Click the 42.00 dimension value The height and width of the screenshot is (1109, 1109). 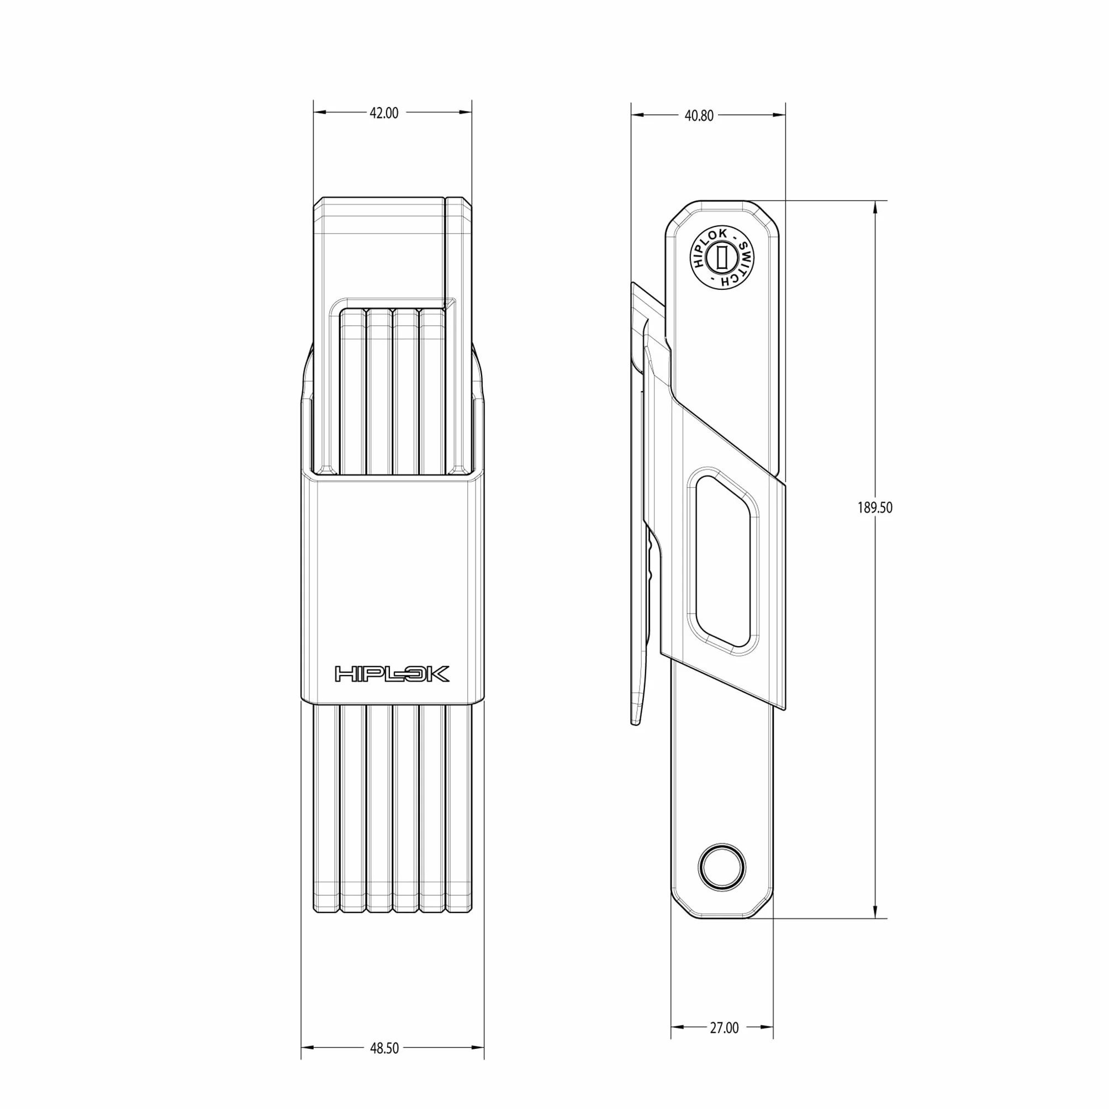[383, 113]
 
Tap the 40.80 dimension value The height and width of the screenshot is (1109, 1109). [699, 115]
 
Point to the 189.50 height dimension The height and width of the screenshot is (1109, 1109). [875, 508]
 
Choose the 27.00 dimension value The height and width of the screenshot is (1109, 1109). [724, 1027]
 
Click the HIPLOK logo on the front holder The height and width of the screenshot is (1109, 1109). [392, 674]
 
